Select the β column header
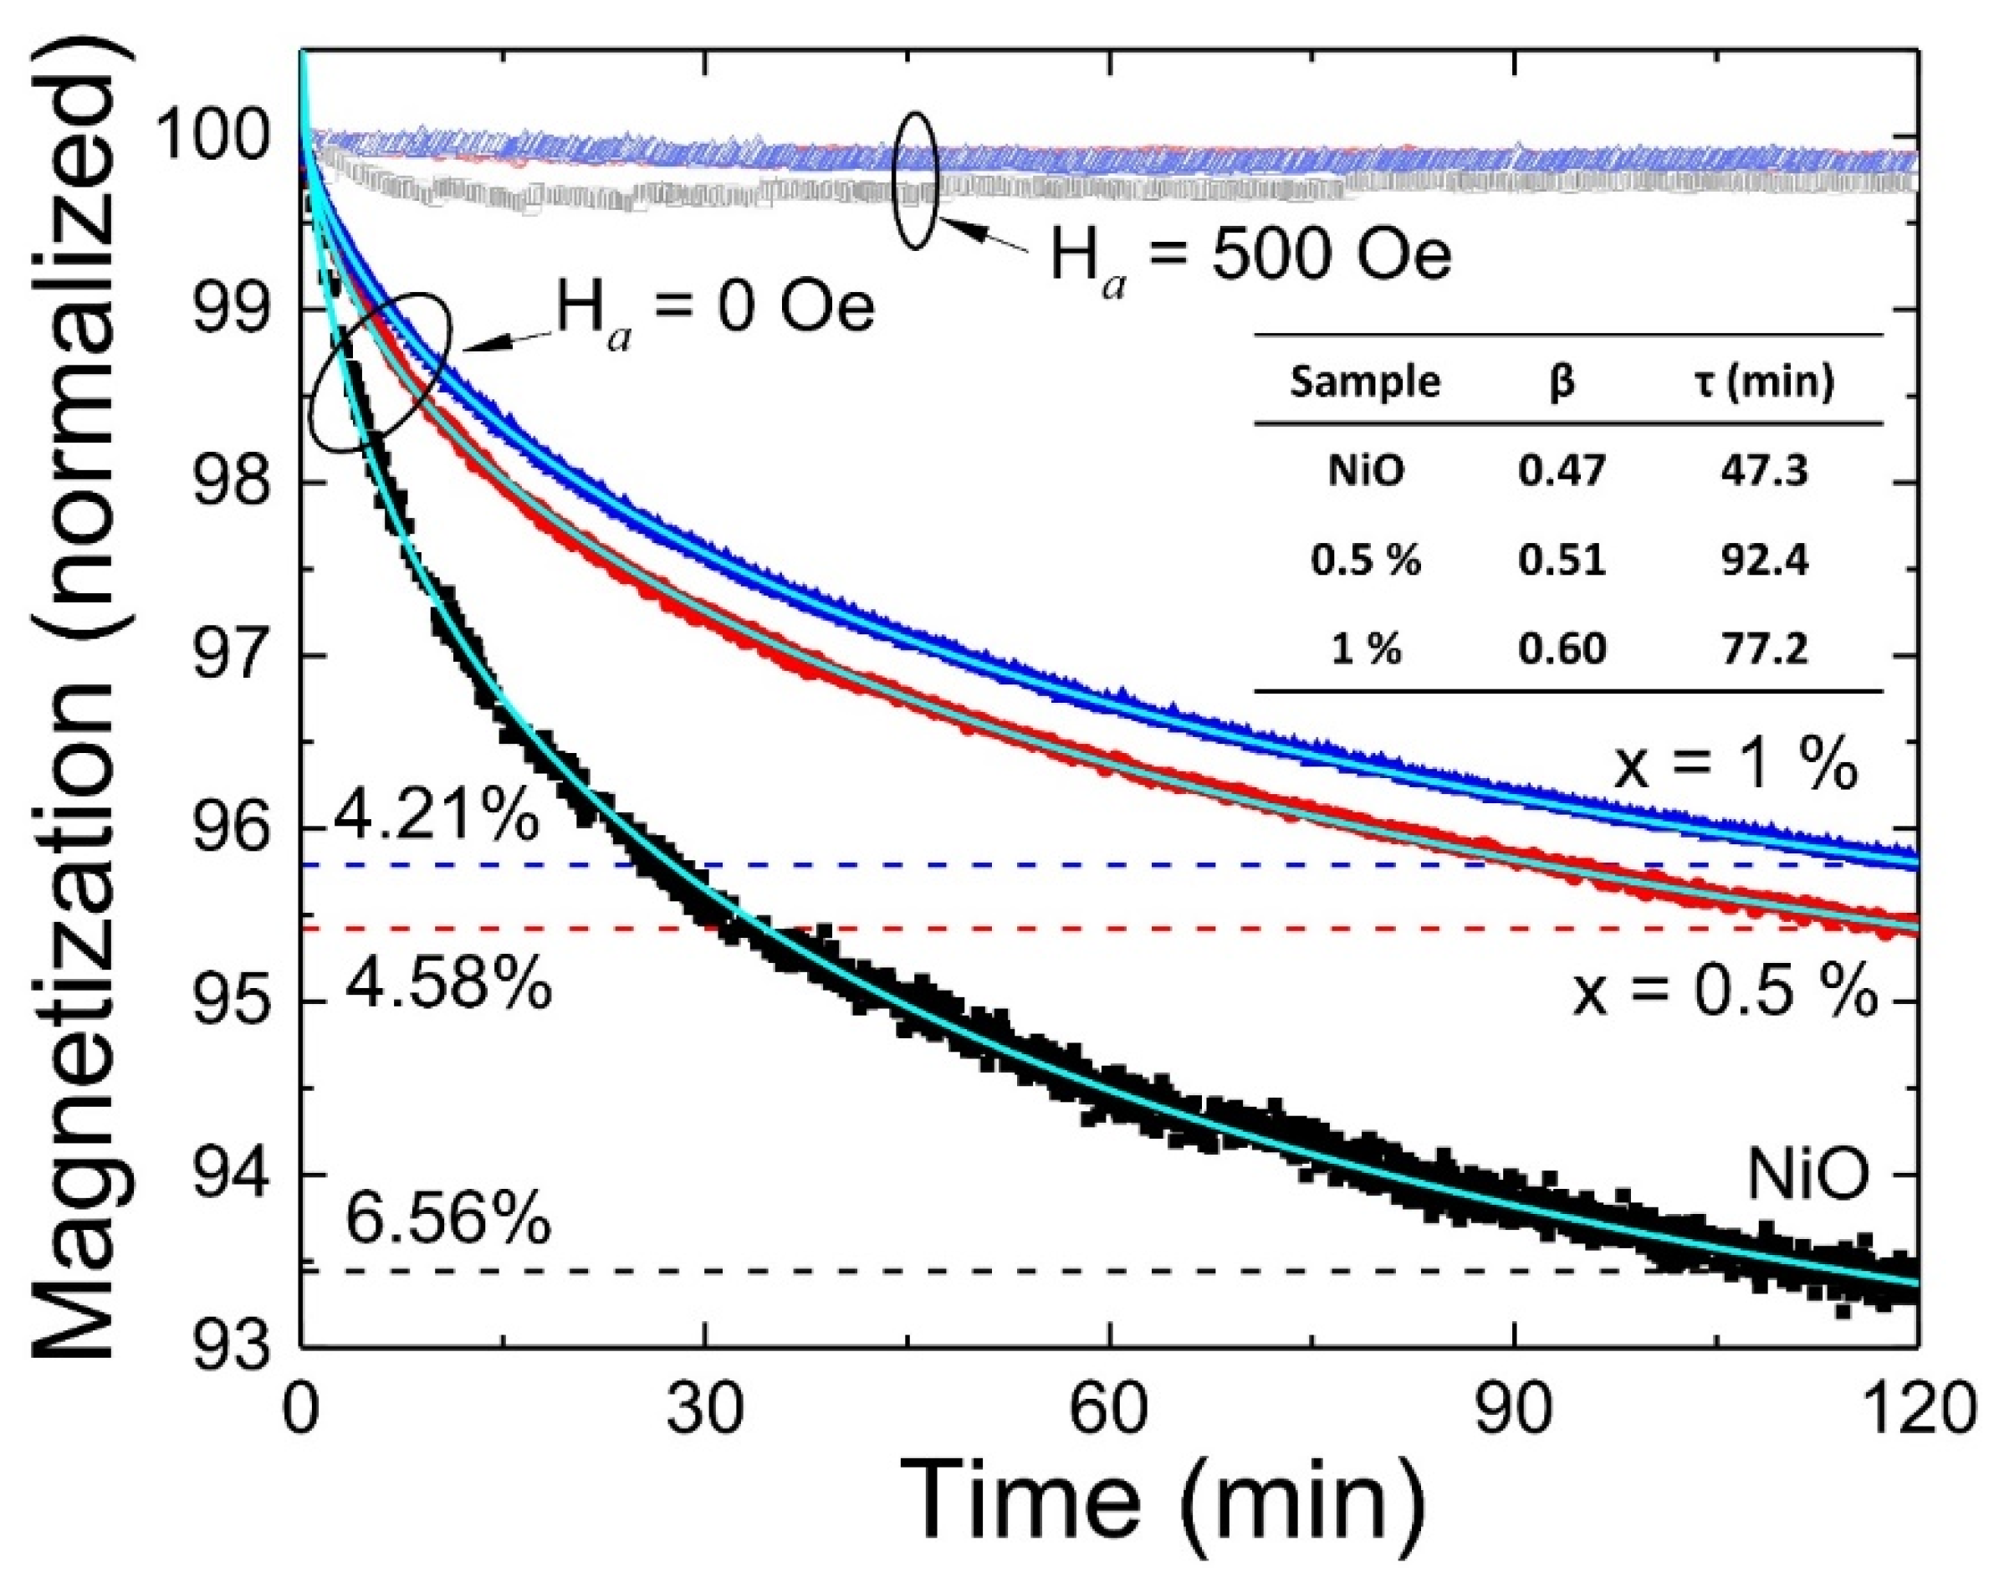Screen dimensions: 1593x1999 pos(1562,381)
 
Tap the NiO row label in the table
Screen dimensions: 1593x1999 pos(1365,472)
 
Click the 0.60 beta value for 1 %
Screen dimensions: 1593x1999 pos(1562,648)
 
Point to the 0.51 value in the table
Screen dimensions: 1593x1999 pos(1562,560)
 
